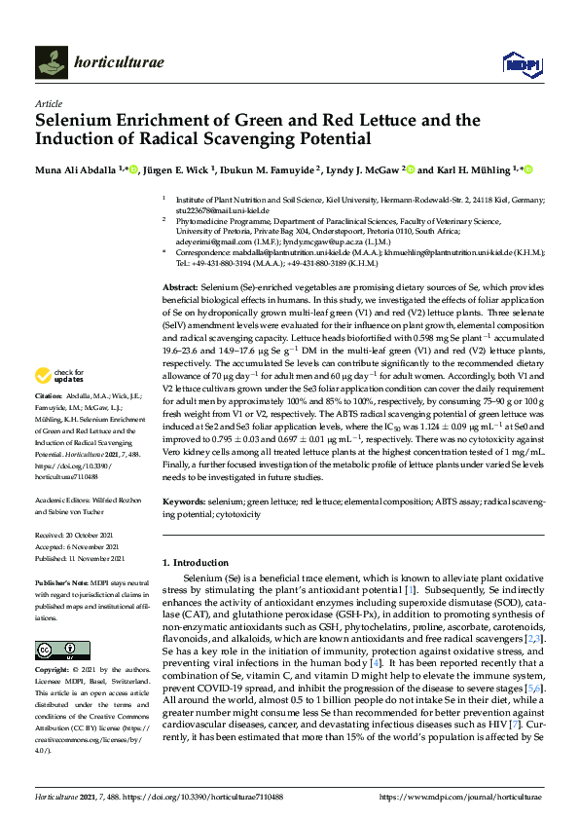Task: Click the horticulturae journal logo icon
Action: click(50, 63)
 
